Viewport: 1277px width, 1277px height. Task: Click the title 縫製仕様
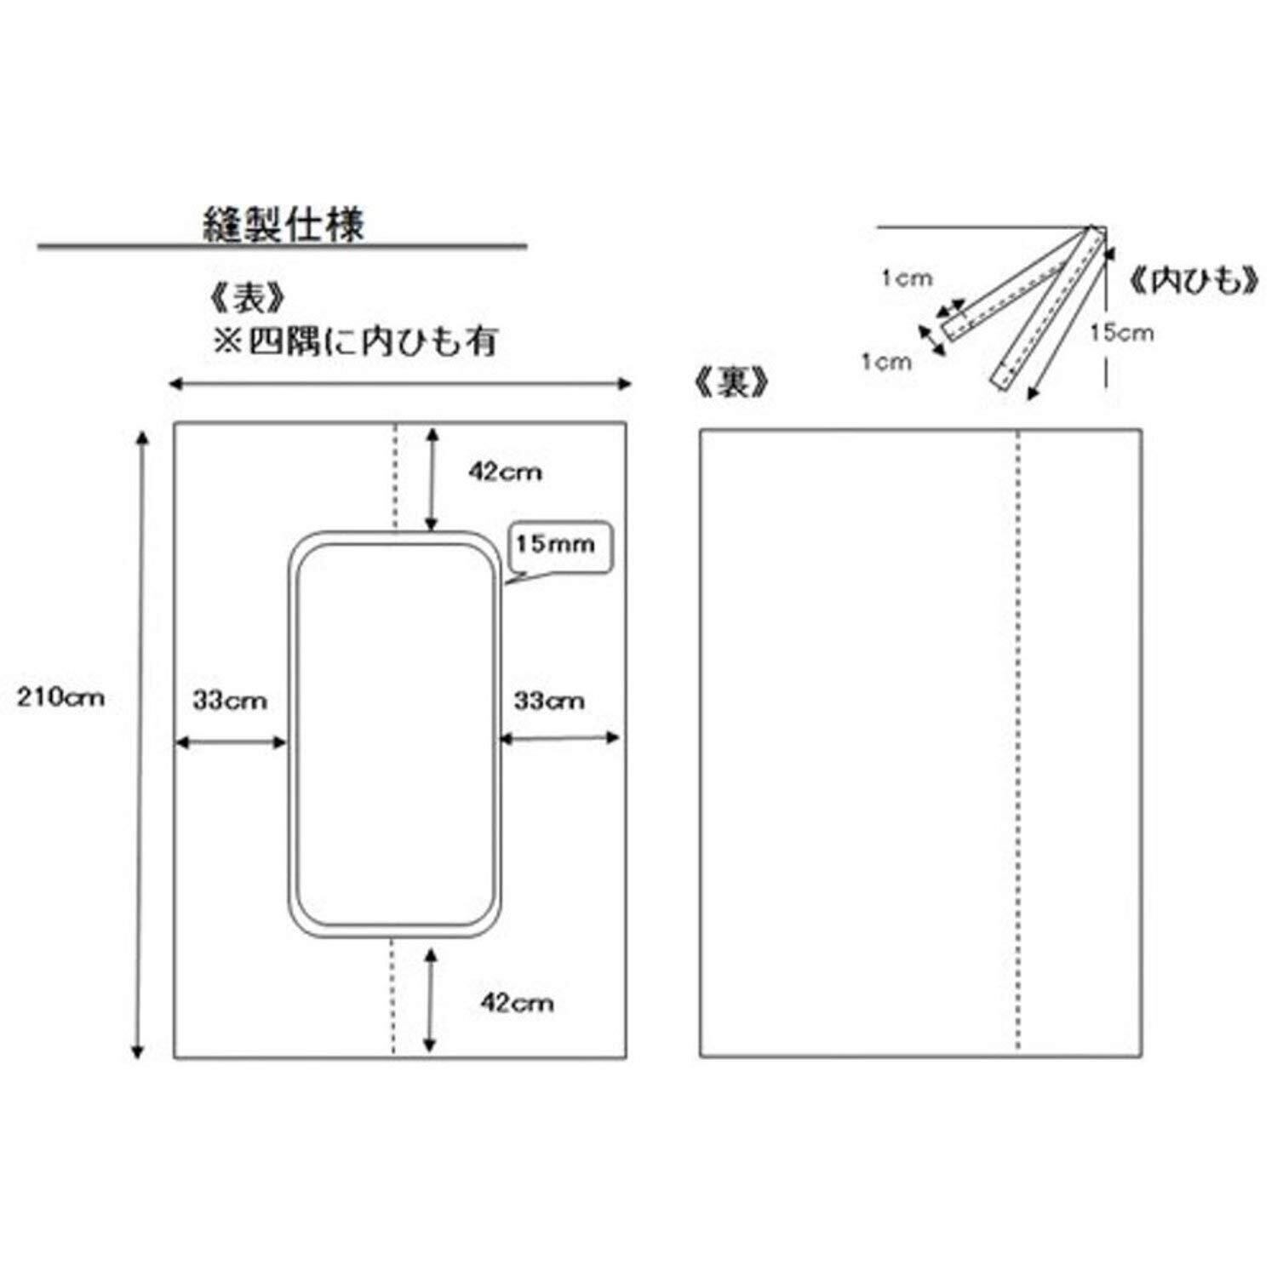pos(284,225)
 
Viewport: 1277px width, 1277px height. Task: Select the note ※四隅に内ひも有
pos(354,341)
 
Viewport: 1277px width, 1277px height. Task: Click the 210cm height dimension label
pos(61,697)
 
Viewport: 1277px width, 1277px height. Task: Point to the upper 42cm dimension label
pos(505,472)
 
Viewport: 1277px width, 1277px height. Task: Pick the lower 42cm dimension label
pos(517,1003)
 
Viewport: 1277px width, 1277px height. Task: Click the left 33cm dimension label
pos(230,701)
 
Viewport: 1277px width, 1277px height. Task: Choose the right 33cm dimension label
pos(549,701)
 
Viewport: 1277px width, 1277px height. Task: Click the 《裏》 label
pos(733,384)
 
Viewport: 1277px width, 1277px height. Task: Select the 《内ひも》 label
pos(1194,282)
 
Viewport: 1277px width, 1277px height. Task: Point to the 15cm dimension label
pos(1122,332)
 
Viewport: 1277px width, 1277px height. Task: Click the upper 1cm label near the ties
pos(908,278)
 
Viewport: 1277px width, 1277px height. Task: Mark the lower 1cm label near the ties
pos(886,362)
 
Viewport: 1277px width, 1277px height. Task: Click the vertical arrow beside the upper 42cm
pos(432,480)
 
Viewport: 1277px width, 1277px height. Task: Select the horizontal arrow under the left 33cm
pos(231,743)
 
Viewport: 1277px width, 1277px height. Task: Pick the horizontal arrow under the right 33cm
pos(558,738)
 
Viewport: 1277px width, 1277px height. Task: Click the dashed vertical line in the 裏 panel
pos(1018,743)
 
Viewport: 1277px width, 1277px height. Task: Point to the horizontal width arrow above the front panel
pos(400,384)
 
